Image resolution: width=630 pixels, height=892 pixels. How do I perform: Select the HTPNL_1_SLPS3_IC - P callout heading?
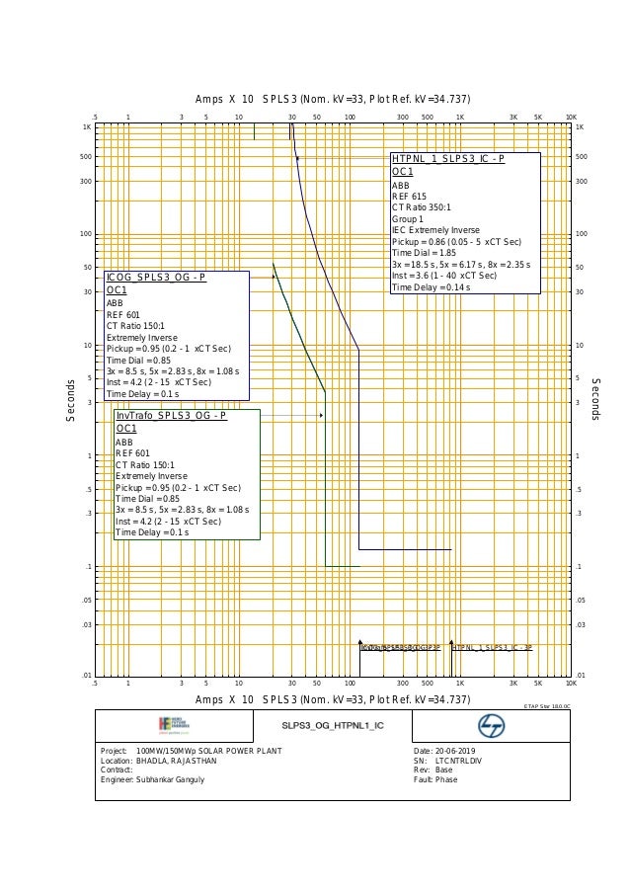[x=448, y=159]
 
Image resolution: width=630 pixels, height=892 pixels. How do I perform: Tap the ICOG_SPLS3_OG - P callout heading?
[x=156, y=277]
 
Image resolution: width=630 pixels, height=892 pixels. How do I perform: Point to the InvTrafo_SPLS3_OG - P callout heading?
[x=171, y=416]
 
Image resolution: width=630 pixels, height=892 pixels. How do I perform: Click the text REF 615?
[x=409, y=197]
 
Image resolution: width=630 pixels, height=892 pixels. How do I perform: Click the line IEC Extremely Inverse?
[x=435, y=230]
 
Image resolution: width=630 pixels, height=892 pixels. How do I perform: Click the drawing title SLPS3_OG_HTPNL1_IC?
[x=332, y=726]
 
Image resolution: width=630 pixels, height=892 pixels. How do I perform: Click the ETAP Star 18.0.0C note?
[x=546, y=706]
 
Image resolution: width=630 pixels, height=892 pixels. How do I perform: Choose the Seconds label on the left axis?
[x=70, y=400]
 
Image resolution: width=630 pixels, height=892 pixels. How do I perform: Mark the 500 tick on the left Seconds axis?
[x=86, y=156]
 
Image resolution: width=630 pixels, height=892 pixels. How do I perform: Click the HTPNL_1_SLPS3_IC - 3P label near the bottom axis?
[x=493, y=647]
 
